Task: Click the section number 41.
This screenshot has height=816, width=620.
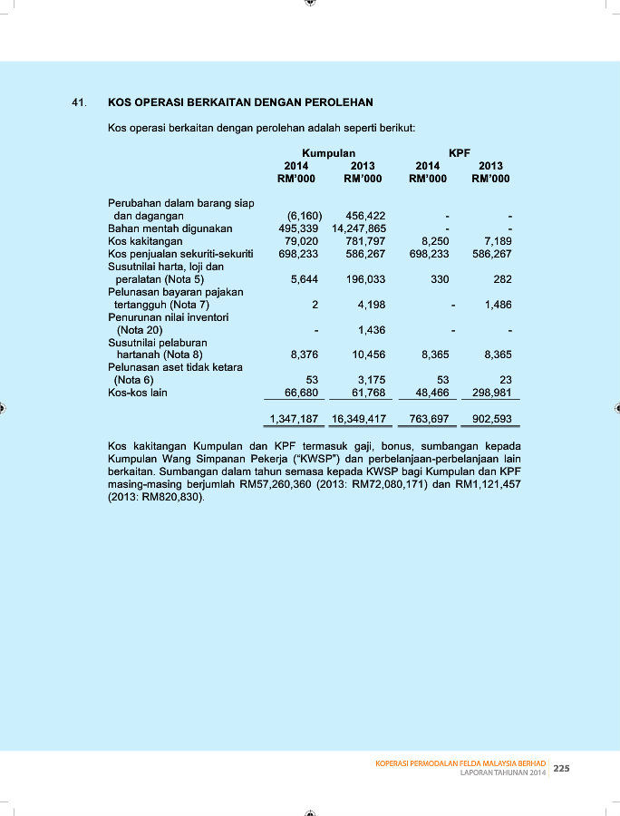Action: [79, 102]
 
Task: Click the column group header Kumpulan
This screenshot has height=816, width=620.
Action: [328, 153]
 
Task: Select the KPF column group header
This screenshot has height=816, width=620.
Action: [460, 153]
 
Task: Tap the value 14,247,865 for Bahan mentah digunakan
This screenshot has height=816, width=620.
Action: [354, 229]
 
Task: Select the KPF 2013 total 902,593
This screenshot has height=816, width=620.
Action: [492, 420]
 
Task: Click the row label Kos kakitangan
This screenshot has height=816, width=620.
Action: [145, 242]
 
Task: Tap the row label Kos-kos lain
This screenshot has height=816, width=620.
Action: [138, 393]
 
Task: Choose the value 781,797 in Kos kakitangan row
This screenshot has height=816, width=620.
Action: [365, 242]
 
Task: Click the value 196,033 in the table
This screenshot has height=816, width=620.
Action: [365, 280]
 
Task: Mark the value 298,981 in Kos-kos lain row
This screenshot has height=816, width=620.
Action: [492, 393]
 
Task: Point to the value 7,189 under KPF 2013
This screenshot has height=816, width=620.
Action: [499, 242]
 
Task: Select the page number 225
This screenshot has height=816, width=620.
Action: [561, 769]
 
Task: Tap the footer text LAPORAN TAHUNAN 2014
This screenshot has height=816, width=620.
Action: [503, 772]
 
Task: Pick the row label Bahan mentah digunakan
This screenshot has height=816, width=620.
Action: [170, 229]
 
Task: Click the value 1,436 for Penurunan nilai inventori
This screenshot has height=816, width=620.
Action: [372, 330]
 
